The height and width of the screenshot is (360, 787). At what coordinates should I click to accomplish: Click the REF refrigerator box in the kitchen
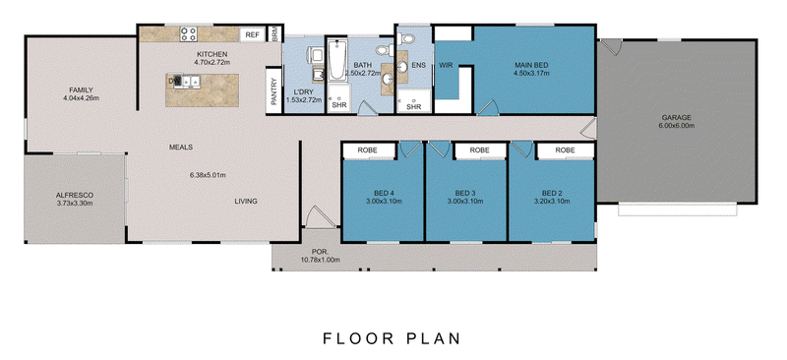click(x=253, y=35)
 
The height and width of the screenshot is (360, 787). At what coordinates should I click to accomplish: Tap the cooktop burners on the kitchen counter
click(x=189, y=34)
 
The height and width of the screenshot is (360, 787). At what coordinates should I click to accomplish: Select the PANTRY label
click(x=274, y=91)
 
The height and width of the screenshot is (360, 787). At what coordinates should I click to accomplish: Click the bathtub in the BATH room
click(x=335, y=61)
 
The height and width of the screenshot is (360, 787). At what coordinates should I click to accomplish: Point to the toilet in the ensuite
click(x=406, y=38)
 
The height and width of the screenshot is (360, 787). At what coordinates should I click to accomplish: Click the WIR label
click(x=447, y=65)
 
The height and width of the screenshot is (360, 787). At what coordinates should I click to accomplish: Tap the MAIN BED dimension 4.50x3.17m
click(x=531, y=73)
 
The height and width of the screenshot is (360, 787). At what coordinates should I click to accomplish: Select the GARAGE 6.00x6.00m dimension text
click(x=676, y=126)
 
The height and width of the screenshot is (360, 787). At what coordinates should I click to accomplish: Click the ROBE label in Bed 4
click(x=367, y=150)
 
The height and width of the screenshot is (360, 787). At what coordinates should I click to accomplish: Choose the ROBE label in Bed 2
click(x=565, y=150)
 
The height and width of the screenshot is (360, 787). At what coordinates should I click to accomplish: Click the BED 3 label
click(x=464, y=194)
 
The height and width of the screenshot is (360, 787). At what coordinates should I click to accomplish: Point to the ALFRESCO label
click(x=75, y=196)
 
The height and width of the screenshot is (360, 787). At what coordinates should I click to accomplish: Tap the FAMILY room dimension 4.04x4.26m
click(x=81, y=98)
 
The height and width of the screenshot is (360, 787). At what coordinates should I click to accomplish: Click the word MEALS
click(x=181, y=148)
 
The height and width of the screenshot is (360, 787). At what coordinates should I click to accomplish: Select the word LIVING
click(x=246, y=202)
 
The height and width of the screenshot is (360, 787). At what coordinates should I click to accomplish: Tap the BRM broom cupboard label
click(x=275, y=34)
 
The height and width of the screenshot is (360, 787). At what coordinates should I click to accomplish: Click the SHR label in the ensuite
click(x=413, y=107)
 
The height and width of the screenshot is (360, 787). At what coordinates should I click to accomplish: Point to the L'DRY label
click(x=303, y=92)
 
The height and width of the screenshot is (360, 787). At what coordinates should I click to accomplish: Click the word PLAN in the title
click(x=433, y=338)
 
